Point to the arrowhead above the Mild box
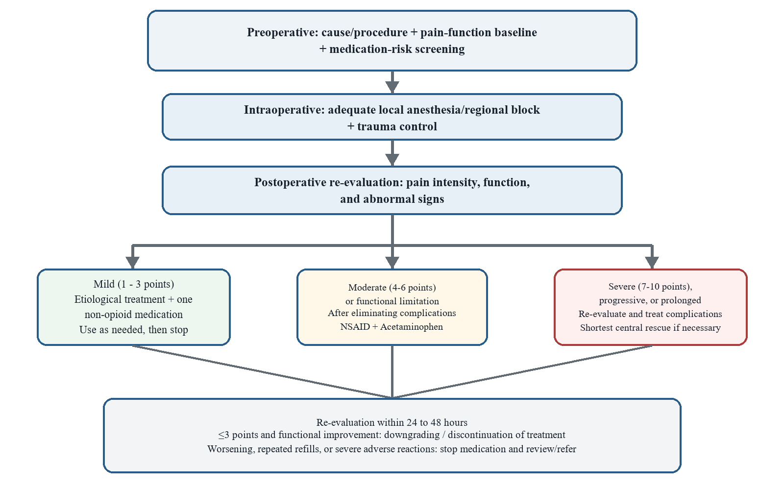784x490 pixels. [x=133, y=263]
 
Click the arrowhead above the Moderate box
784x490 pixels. [x=392, y=263]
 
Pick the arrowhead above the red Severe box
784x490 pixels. [x=652, y=263]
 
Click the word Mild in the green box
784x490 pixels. [x=104, y=284]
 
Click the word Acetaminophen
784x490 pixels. [x=412, y=326]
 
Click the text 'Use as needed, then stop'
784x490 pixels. [x=134, y=330]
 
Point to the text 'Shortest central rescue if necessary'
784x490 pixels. [x=650, y=328]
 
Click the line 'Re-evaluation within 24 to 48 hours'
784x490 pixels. [x=392, y=422]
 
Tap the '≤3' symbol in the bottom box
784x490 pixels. [x=223, y=435]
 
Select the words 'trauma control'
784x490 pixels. [x=397, y=126]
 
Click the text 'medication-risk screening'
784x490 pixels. [x=397, y=49]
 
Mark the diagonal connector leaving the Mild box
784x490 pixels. [x=263, y=372]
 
